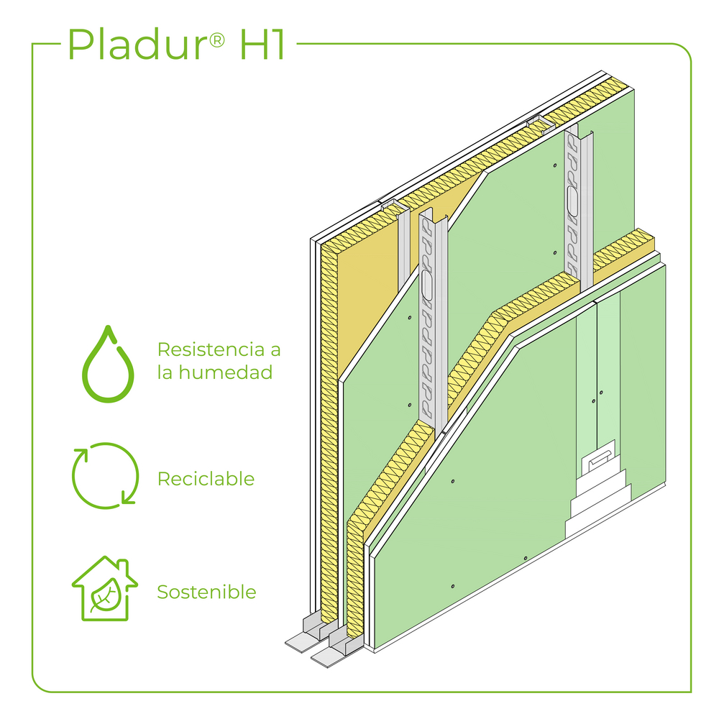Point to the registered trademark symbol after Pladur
(x=215, y=36)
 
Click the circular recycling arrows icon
(x=105, y=475)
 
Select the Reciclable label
(x=206, y=479)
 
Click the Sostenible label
(x=206, y=592)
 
